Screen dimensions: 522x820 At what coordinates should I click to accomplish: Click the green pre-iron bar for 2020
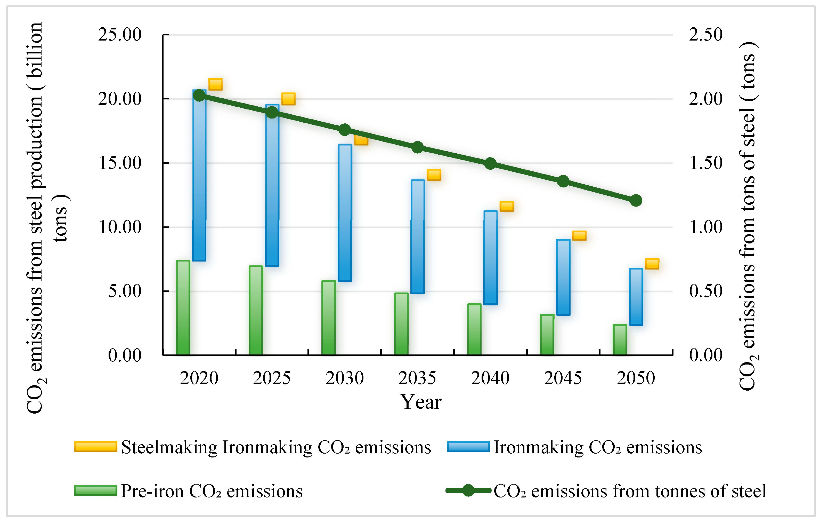tap(183, 308)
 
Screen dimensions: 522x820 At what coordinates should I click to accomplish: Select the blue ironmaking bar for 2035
tap(418, 237)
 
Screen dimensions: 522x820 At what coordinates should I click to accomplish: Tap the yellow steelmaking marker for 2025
tap(288, 99)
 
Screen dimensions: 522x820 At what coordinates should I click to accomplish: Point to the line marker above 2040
tap(490, 164)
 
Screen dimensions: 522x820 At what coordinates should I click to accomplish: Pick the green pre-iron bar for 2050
tap(620, 340)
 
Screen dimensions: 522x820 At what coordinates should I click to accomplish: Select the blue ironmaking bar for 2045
tap(563, 277)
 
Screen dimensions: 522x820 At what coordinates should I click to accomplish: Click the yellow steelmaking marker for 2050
tap(652, 264)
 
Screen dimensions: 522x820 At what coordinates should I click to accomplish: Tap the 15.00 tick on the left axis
tap(120, 163)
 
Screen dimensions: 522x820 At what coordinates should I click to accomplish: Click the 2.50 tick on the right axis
tap(705, 34)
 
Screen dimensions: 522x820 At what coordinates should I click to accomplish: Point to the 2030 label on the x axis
tap(345, 378)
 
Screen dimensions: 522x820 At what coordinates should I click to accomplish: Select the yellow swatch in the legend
tap(96, 447)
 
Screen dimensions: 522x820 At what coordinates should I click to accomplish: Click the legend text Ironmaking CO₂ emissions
tap(598, 447)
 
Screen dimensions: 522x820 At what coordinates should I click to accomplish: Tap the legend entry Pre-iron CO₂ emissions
tap(212, 491)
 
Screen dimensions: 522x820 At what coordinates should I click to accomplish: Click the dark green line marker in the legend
tap(468, 490)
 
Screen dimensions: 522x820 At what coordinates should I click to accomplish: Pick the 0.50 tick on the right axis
tap(705, 291)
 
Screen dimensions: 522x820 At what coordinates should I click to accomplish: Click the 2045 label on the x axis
tap(563, 378)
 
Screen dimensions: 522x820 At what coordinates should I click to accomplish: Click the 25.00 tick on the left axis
tap(120, 34)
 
